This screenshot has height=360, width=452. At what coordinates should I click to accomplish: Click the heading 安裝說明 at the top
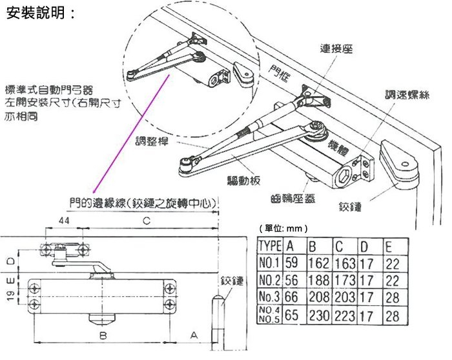tap(40, 13)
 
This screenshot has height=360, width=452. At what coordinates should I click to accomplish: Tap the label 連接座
tap(336, 48)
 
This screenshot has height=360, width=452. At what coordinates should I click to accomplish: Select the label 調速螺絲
tap(407, 94)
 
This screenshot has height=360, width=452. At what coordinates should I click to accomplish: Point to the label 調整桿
tap(152, 141)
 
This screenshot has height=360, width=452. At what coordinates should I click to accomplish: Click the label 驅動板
tap(244, 180)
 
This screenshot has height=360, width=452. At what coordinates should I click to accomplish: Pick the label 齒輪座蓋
tap(293, 199)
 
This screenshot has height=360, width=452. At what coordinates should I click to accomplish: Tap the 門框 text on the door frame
tap(279, 73)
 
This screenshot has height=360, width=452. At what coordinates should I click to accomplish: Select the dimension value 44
tap(64, 221)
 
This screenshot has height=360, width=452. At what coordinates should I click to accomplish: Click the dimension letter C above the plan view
tap(147, 221)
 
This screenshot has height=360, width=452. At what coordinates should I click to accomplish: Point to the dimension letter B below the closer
tap(103, 335)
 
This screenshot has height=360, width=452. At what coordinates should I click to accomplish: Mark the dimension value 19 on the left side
tap(10, 296)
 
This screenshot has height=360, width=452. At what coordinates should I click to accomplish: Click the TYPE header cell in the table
tap(270, 246)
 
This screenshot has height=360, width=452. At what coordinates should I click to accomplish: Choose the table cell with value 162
tap(318, 263)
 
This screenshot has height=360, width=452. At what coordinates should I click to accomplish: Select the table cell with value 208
tap(318, 297)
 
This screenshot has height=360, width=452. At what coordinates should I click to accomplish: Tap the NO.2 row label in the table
tap(269, 280)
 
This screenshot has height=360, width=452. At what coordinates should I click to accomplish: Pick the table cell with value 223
tap(345, 316)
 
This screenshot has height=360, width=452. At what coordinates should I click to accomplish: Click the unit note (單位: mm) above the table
tap(283, 228)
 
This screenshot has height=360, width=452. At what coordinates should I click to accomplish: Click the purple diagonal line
tap(131, 134)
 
